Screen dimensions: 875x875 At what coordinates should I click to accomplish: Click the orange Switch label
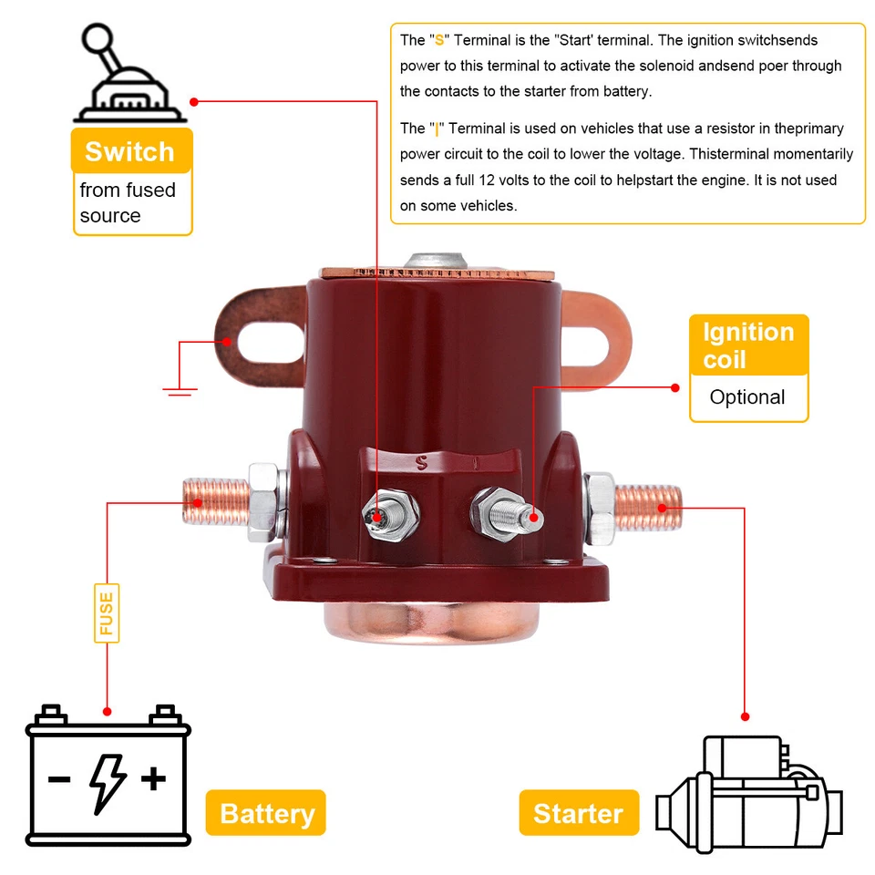[131, 151]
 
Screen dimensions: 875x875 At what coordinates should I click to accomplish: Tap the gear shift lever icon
[128, 78]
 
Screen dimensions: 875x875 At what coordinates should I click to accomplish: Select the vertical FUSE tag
[107, 613]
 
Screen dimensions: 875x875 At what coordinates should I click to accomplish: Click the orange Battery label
[266, 813]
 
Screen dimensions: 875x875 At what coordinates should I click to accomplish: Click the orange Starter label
[578, 813]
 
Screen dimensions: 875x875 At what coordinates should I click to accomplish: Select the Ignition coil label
[748, 345]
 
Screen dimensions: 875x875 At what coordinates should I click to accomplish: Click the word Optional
[747, 397]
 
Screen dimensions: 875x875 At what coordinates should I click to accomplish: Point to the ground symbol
[180, 390]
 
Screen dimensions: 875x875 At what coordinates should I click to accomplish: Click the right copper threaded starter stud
[649, 504]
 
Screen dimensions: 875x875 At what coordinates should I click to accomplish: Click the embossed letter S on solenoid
[421, 461]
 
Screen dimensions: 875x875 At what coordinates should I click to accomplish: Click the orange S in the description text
[440, 40]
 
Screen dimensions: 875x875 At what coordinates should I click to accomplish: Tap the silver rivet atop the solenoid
[437, 261]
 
